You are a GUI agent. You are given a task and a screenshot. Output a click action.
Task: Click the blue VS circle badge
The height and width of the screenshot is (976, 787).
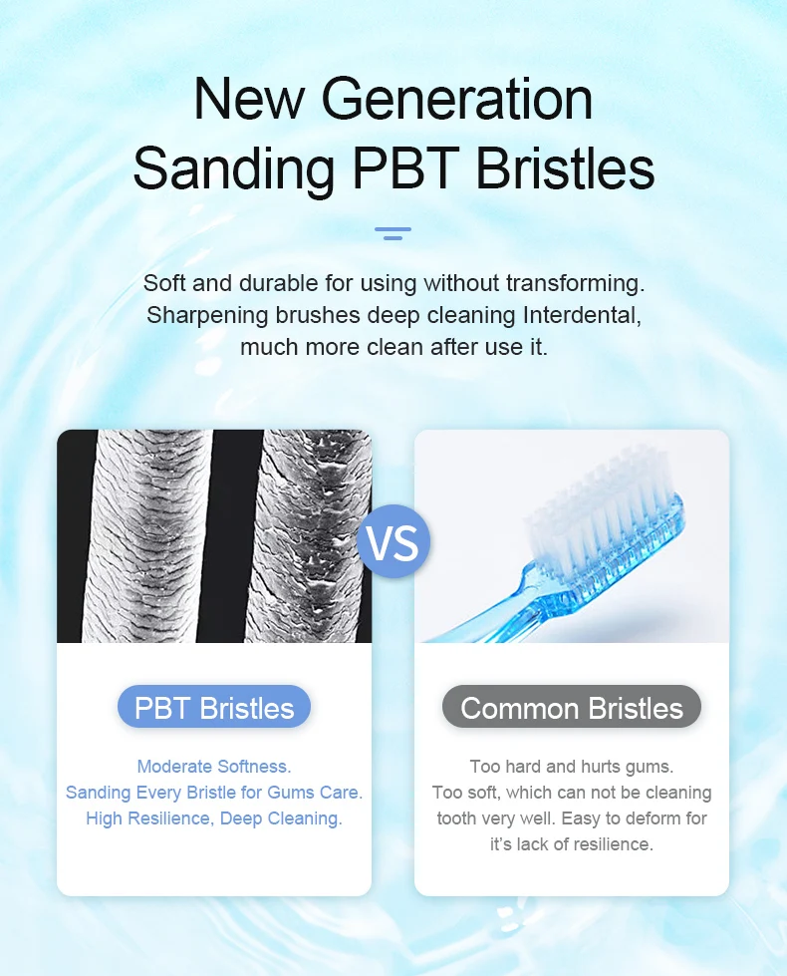[393, 541]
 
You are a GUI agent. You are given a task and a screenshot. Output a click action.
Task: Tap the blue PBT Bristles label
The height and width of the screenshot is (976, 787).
[214, 708]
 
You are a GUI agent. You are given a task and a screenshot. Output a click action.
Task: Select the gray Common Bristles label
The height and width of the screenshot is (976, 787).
[572, 708]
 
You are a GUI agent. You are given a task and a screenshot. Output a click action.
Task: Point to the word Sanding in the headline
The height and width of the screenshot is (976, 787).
[233, 167]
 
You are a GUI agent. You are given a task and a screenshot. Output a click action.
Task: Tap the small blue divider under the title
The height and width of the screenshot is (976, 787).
[393, 234]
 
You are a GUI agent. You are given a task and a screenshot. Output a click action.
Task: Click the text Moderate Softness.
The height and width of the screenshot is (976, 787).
[213, 767]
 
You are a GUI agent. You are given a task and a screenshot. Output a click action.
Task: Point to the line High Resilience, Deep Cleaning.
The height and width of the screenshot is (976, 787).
[213, 818]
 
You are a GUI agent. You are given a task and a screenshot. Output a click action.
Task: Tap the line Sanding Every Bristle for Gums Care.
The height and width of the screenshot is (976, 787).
[213, 793]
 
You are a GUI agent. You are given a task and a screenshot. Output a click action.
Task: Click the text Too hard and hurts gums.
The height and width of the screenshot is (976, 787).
[572, 767]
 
